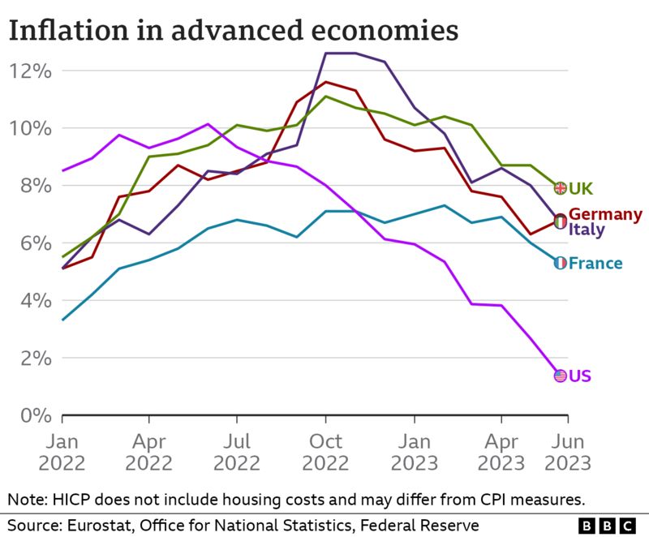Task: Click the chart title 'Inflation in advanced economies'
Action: [x=233, y=30]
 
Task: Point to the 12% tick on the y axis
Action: [x=31, y=71]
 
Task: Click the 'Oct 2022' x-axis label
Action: [x=325, y=453]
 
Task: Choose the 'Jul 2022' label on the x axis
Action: [x=237, y=453]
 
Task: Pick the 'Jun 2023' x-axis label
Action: [x=567, y=453]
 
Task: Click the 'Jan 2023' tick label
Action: [x=414, y=453]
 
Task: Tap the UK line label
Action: [x=581, y=188]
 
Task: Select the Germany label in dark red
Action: [x=605, y=214]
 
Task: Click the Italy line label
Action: [x=586, y=230]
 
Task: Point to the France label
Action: [x=595, y=263]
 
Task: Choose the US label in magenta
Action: [x=580, y=376]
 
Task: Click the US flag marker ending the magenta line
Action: [x=560, y=376]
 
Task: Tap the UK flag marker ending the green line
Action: [x=560, y=188]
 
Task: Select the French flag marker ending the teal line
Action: [x=560, y=263]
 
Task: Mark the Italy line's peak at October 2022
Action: [x=326, y=54]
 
